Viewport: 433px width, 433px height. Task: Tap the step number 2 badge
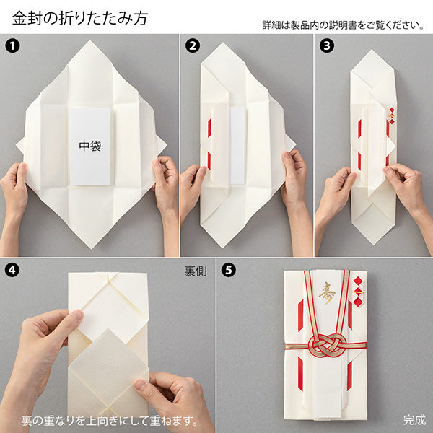click(192, 46)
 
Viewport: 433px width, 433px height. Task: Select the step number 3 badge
click(325, 46)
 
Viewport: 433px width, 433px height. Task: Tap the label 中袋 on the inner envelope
click(90, 144)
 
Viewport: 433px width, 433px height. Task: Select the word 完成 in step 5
click(414, 419)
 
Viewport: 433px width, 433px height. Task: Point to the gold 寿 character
click(327, 292)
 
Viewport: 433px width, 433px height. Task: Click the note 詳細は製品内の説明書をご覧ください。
click(343, 25)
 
